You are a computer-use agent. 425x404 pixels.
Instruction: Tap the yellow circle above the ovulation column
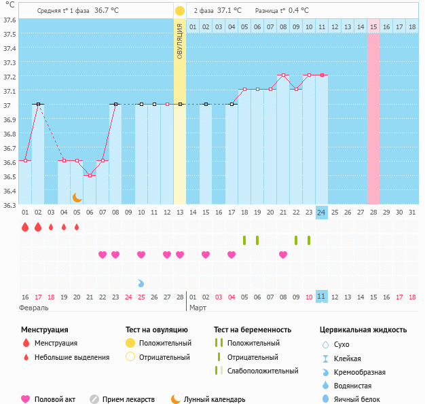click(x=179, y=11)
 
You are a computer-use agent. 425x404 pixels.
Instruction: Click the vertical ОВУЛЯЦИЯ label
click(x=179, y=41)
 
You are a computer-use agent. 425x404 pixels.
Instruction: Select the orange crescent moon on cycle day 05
click(x=77, y=197)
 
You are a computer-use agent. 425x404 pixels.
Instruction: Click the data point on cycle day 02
click(x=39, y=105)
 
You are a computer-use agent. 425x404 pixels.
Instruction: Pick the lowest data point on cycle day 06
click(x=90, y=175)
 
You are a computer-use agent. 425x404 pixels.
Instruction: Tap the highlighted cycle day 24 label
click(x=321, y=212)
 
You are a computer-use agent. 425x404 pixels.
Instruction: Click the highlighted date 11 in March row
click(x=321, y=297)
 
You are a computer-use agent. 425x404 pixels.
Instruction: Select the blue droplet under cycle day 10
click(x=141, y=283)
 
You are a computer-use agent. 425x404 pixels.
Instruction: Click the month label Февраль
click(x=34, y=308)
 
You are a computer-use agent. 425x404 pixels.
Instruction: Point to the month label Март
click(x=198, y=308)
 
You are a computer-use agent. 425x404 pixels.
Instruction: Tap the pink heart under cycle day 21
click(x=282, y=255)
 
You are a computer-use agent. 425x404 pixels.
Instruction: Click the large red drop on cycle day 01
click(x=25, y=227)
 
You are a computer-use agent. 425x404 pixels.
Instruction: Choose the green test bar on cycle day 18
click(x=244, y=240)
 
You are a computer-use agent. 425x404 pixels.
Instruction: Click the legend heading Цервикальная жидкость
click(x=363, y=329)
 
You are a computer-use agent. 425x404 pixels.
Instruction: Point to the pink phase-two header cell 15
click(x=373, y=26)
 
